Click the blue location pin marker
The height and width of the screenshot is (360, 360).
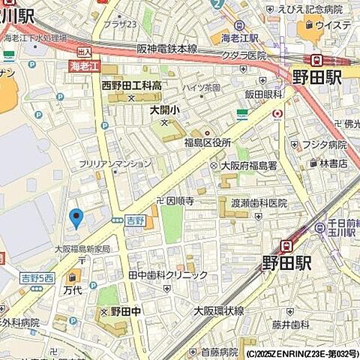pos(76,217)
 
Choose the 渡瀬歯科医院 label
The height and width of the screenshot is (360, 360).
pos(259,202)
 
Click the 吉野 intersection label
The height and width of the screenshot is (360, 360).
pos(134,220)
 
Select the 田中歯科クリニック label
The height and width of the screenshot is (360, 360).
pos(168,275)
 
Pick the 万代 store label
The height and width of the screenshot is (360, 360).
pos(73,289)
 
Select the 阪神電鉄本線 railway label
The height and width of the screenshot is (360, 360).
pos(166,49)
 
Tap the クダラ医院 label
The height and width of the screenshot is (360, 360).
pos(244,55)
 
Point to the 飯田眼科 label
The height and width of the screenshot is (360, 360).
pos(262,94)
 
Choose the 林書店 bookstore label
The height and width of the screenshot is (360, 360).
pos(333,163)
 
